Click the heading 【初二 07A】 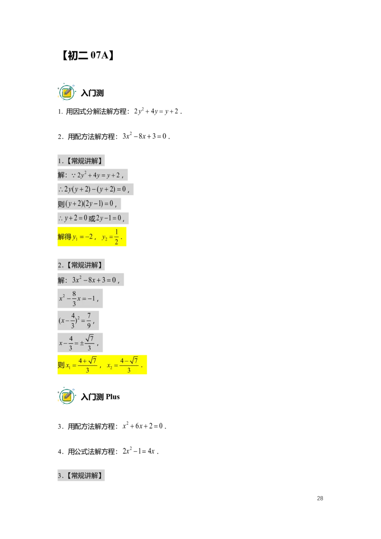(x=88, y=55)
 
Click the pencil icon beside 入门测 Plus (x=67, y=396)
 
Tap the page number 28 (x=320, y=498)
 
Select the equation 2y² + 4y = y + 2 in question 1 (x=156, y=111)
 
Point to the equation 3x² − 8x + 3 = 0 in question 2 (x=144, y=136)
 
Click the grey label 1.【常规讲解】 (x=81, y=161)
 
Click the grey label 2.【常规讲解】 (x=81, y=265)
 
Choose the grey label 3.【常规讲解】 (x=81, y=475)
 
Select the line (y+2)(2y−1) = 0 (x=89, y=204)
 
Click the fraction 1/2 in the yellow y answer (x=116, y=237)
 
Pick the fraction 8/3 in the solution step (x=74, y=299)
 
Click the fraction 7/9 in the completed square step (x=89, y=320)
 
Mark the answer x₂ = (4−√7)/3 (x=123, y=365)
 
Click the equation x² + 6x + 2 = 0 (x=143, y=426)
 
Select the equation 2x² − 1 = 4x (x=139, y=451)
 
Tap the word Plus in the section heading (x=113, y=397)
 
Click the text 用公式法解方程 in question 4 (x=91, y=451)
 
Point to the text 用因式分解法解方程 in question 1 (x=96, y=111)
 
